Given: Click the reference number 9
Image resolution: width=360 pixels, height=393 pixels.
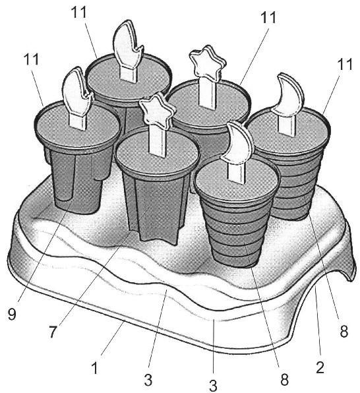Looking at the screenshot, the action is [12, 314].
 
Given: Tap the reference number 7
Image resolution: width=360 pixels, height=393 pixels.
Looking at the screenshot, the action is [53, 332].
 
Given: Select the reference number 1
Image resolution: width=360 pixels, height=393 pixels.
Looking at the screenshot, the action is [94, 368].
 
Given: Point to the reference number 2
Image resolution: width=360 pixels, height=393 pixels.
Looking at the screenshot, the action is [320, 367].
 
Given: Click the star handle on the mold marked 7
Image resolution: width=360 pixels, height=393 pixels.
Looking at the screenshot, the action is [157, 109].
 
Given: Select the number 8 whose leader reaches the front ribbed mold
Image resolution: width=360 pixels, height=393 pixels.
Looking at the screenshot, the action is [285, 379].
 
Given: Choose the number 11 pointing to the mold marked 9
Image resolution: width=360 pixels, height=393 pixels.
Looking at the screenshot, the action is [32, 59].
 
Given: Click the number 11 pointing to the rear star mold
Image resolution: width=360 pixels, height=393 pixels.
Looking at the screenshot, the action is [268, 17].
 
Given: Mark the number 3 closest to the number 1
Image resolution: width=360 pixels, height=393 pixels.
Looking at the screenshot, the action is [148, 380].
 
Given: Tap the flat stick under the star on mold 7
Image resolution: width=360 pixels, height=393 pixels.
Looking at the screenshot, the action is [158, 141].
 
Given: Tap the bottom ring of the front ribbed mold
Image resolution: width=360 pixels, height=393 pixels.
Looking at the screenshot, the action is [235, 260].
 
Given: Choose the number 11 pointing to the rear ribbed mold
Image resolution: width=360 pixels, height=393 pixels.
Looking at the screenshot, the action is [345, 64].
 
